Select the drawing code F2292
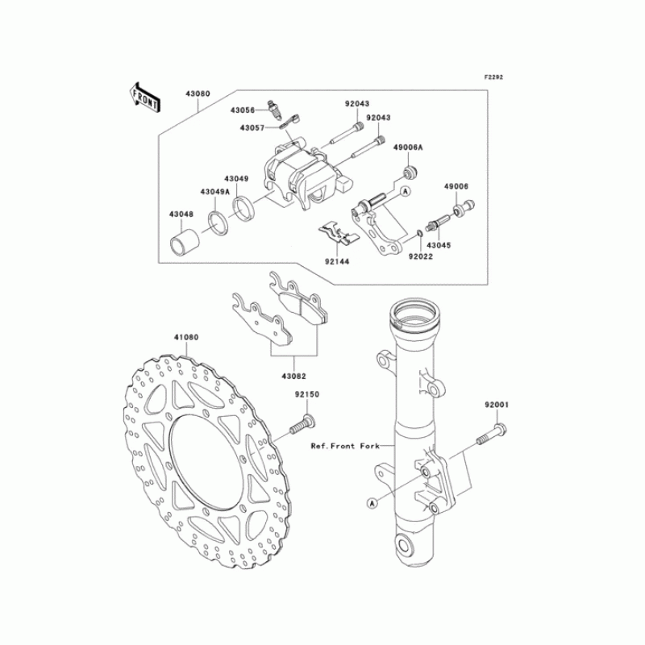coord(493,77)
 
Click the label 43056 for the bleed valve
coord(243,110)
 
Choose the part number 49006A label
coord(408,148)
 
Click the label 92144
coord(337,261)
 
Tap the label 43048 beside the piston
coord(181,214)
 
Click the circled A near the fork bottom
coord(372,502)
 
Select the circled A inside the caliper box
coord(405,191)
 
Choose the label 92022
coord(419,256)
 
